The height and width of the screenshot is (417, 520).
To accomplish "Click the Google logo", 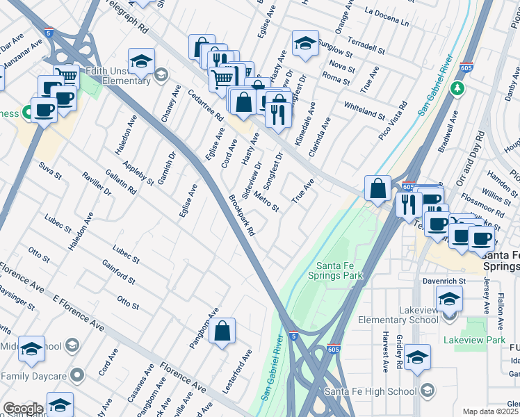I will click(x=22, y=409).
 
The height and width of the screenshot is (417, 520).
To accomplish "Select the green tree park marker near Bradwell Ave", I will click(x=457, y=88).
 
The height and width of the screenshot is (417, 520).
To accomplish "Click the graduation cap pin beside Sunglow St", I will click(x=304, y=43).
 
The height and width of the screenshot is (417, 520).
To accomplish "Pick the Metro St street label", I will click(x=266, y=202).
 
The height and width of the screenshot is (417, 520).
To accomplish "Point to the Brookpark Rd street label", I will click(x=242, y=214).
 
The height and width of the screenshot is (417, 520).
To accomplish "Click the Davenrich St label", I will click(x=442, y=282).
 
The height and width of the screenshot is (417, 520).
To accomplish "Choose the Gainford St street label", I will click(x=118, y=273).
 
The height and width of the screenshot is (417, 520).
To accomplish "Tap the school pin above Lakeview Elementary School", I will click(x=449, y=299).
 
